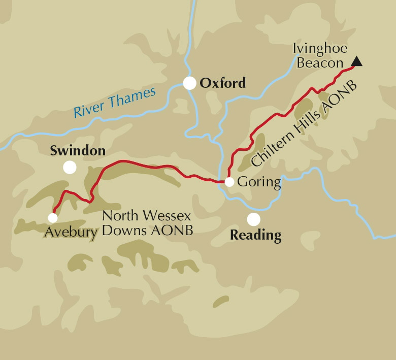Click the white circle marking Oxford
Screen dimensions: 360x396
tap(189, 83)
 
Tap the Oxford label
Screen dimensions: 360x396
tap(222, 83)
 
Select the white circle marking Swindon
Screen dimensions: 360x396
tap(70, 167)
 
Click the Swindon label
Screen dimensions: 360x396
tap(78, 151)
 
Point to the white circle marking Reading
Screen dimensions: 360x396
tap(253, 219)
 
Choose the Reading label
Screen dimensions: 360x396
tap(255, 236)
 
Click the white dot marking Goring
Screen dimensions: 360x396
tap(229, 182)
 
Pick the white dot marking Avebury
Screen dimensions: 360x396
tap(52, 217)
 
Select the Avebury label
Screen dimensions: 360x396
tap(71, 233)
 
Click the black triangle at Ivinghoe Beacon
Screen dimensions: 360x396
tap(357, 62)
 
